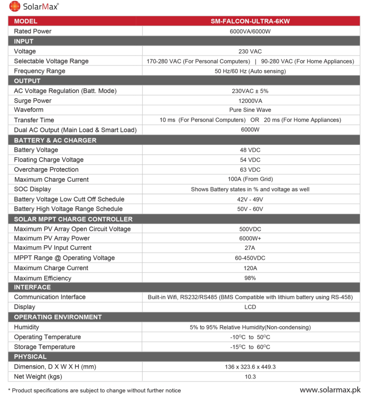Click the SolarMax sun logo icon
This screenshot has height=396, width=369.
point(15,7)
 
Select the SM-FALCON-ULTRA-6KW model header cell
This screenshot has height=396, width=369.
point(250,21)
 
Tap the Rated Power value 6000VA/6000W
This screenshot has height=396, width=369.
point(250,31)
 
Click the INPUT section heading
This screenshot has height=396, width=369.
point(24,41)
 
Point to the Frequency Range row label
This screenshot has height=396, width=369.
point(40,71)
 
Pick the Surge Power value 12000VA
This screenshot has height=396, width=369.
point(250,101)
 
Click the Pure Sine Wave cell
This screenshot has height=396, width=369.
point(250,110)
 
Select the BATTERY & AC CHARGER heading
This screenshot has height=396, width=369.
point(55,140)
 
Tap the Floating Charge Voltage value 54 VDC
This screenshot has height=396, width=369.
point(250,160)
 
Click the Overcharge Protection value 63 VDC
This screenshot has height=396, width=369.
point(250,170)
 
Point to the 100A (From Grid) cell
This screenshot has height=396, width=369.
point(250,179)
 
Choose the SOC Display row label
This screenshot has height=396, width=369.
point(33,189)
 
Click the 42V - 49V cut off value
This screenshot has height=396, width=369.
point(250,199)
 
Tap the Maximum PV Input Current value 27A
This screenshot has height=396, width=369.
point(250,248)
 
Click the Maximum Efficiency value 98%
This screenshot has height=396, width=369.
point(250,278)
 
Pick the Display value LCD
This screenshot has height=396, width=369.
point(250,307)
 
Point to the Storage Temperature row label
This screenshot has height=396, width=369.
point(45,347)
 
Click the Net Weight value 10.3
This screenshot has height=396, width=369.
point(250,377)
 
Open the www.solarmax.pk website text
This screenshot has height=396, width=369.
point(330,390)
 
